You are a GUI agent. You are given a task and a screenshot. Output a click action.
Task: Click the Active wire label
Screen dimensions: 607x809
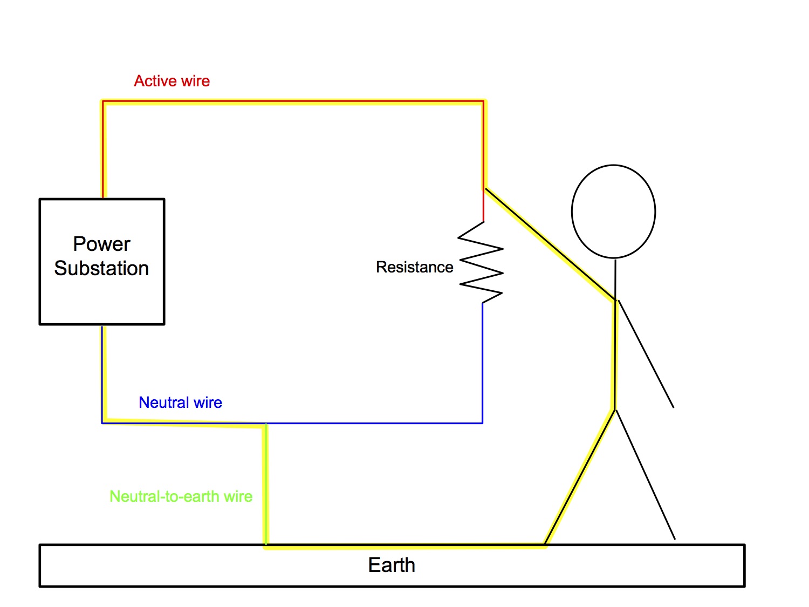pos(172,81)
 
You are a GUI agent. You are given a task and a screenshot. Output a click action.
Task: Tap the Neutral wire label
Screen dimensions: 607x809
pos(180,403)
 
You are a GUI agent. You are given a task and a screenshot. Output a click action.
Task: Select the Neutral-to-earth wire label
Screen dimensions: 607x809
pos(181,496)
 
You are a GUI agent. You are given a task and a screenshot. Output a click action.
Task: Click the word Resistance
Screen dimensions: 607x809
pos(414,267)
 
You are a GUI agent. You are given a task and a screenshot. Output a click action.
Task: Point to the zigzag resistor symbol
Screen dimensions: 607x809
pos(481,262)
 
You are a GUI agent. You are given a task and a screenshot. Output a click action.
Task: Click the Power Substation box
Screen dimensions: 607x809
pos(102,291)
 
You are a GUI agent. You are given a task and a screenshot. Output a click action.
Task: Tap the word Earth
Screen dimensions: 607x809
pos(392,565)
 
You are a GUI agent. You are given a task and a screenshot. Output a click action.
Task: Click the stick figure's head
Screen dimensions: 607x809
pos(613,211)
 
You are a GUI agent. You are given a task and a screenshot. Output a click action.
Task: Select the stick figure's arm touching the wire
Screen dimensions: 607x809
pos(550,244)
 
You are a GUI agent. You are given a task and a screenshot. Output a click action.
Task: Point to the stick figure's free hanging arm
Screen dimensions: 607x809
pos(646,353)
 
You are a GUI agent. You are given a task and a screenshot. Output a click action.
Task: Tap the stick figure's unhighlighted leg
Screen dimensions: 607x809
pos(645,474)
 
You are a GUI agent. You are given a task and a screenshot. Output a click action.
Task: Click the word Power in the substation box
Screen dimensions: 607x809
pos(101,244)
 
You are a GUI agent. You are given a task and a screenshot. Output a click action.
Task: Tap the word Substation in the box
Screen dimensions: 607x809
pos(101,268)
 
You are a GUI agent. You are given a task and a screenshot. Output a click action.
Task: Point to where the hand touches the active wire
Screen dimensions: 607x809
pos(485,188)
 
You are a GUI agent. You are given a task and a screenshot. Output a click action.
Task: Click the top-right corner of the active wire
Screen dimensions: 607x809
pos(483,101)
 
